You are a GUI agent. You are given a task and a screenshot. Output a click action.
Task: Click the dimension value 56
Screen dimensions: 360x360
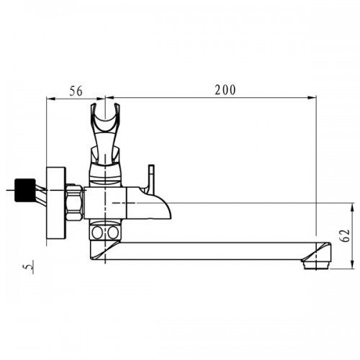pyautogui.click(x=76, y=91)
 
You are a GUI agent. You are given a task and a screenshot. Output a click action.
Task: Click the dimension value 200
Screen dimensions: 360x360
pyautogui.click(x=225, y=90)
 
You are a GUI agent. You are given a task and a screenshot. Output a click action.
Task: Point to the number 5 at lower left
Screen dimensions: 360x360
pyautogui.click(x=30, y=266)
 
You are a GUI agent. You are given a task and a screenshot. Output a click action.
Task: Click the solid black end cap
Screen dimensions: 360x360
pyautogui.click(x=24, y=189)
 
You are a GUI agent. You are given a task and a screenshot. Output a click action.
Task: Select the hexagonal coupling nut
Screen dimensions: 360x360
pyautogui.click(x=74, y=202)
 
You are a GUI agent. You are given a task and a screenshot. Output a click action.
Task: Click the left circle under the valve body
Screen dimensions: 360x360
pyautogui.click(x=97, y=232)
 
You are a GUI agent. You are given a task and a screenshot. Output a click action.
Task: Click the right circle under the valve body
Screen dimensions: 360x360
pyautogui.click(x=112, y=232)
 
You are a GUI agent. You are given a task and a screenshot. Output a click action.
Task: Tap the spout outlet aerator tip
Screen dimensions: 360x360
pyautogui.click(x=317, y=266)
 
